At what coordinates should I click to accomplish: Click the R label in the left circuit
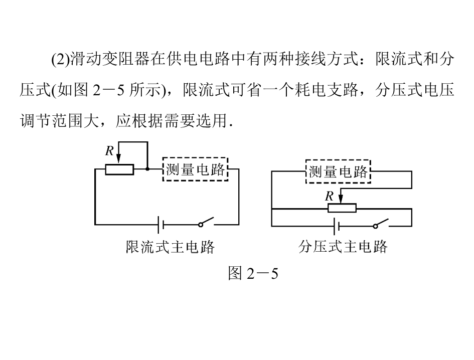point(109,150)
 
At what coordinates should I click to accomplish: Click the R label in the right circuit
point(329,196)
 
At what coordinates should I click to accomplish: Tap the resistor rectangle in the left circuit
point(119,169)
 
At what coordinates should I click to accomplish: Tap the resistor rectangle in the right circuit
point(342,208)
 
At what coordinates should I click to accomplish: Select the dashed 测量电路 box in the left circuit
point(195,169)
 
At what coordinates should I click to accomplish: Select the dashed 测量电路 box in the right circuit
point(338,171)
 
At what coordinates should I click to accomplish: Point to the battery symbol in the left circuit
point(161,225)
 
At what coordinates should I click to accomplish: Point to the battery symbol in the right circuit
point(336,226)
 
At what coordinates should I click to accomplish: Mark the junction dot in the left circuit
point(147,169)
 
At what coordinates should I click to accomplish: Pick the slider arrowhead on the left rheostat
point(118,158)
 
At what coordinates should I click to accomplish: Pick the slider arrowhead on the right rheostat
point(341,199)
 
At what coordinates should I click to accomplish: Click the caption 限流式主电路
point(170,247)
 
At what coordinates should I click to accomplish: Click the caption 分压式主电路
point(343,247)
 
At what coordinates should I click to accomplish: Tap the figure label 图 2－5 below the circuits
point(253,273)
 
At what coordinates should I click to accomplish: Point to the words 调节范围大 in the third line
point(60,121)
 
